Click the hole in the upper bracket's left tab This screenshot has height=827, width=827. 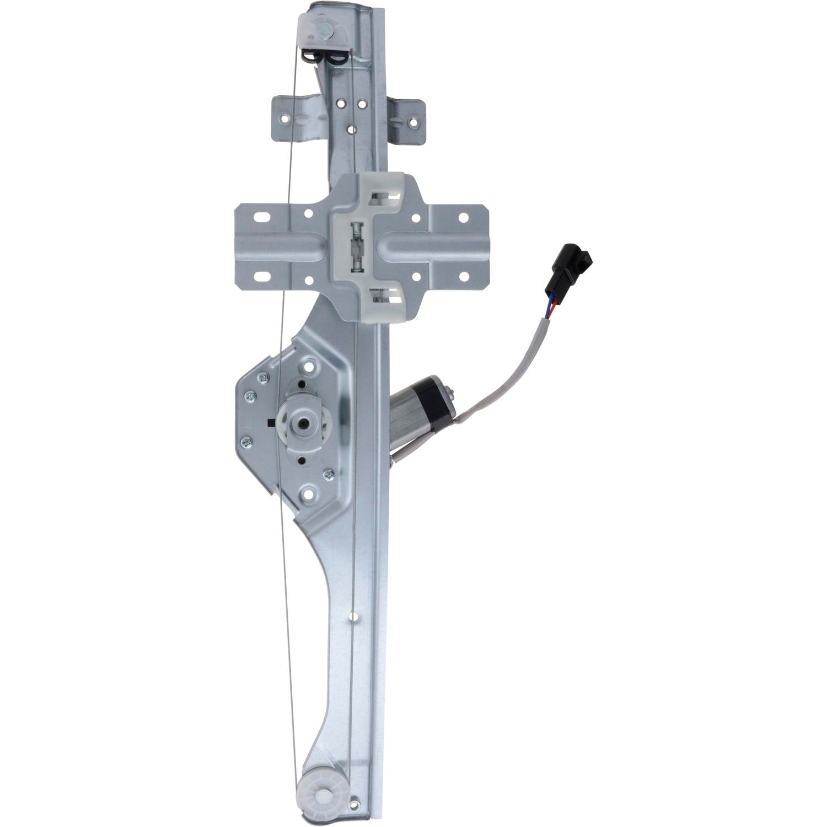click(285, 118)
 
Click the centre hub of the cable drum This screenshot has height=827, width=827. click(303, 423)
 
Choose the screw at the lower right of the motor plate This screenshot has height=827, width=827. click(330, 472)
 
